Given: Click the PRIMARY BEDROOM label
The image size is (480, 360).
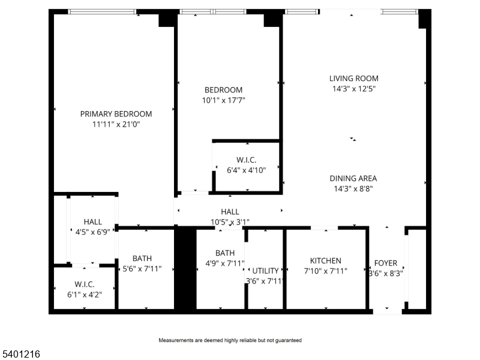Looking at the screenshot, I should pyautogui.click(x=116, y=113).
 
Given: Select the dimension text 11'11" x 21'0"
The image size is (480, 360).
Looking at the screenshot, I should pyautogui.click(x=116, y=124).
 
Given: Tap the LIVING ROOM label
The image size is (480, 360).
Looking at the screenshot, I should pyautogui.click(x=353, y=78).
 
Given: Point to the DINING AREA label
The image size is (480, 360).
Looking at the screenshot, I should pyautogui.click(x=353, y=178).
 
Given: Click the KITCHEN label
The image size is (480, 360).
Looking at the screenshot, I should pyautogui.click(x=325, y=260).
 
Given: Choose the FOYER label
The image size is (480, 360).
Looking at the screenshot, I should pyautogui.click(x=386, y=263).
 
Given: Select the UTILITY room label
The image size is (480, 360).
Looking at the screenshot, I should pyautogui.click(x=265, y=271).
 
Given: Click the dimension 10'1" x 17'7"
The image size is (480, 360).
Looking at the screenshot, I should pyautogui.click(x=223, y=100).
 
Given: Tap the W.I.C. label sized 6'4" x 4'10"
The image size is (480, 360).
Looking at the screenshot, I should pyautogui.click(x=246, y=160).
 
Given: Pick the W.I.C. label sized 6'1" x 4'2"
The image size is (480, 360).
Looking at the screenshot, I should pyautogui.click(x=84, y=283).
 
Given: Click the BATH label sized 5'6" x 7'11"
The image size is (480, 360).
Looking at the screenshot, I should pyautogui.click(x=142, y=259).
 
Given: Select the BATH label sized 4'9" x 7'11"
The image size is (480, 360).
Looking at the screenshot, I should pyautogui.click(x=224, y=253).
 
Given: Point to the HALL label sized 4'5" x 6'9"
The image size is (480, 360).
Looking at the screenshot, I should pyautogui.click(x=92, y=221).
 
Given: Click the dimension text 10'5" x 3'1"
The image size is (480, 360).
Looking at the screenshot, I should pyautogui.click(x=230, y=222).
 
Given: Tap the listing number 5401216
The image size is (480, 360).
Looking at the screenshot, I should pyautogui.click(x=20, y=355).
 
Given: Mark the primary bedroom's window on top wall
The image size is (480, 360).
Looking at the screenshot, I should pyautogui.click(x=101, y=11).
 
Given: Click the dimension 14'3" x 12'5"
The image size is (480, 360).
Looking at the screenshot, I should pyautogui.click(x=353, y=89).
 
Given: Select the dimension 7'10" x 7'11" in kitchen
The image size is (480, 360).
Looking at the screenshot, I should pyautogui.click(x=325, y=271).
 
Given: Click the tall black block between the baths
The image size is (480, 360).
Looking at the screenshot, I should pyautogui.click(x=185, y=268).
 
